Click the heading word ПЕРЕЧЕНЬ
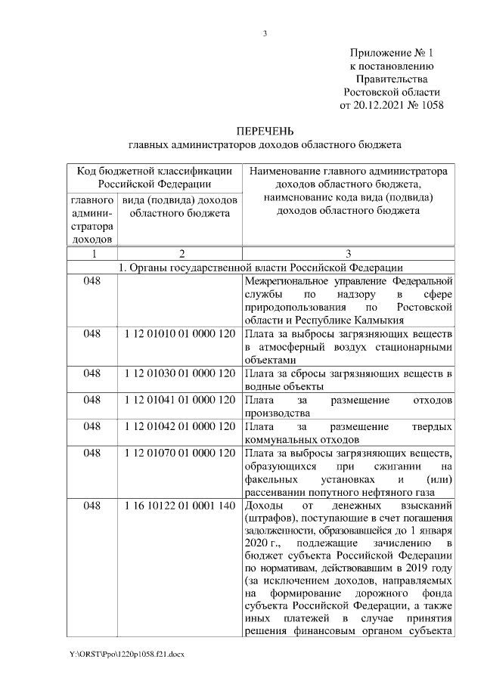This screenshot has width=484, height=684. pyautogui.click(x=265, y=130)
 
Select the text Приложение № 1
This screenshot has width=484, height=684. pyautogui.click(x=392, y=53)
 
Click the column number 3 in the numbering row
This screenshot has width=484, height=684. pyautogui.click(x=348, y=254)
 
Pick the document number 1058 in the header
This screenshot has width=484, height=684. pyautogui.click(x=430, y=104)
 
